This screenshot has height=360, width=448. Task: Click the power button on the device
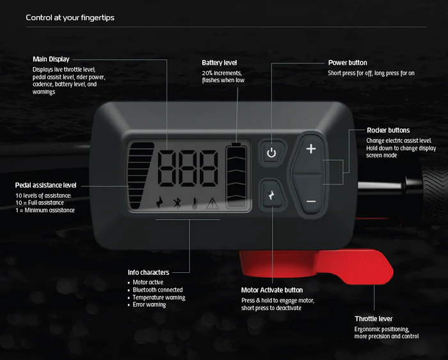pos(271,152)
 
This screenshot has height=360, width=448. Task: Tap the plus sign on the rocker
pos(311,149)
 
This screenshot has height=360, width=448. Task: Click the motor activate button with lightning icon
pos(272,195)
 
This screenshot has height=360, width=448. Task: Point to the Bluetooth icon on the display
pos(177,203)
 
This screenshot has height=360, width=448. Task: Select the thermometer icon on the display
pos(195,203)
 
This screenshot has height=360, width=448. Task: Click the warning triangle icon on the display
pos(212,203)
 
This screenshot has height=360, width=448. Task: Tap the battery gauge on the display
pos(236,176)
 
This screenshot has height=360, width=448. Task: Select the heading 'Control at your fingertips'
pos(70,18)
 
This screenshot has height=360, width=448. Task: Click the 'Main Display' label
pos(51,59)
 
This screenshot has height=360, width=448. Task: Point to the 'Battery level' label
pos(219,63)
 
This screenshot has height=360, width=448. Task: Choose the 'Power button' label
pos(348,63)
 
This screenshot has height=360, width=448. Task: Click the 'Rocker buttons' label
pos(388,130)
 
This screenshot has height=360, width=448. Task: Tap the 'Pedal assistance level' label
pos(45,185)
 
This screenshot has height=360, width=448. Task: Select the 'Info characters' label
pos(148,272)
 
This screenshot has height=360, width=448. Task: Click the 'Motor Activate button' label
pos(272,290)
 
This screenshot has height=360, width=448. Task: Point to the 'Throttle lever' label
pos(373,318)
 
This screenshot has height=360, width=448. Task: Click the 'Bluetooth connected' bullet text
pos(157,290)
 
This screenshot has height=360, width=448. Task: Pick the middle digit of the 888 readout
pos(188,168)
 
